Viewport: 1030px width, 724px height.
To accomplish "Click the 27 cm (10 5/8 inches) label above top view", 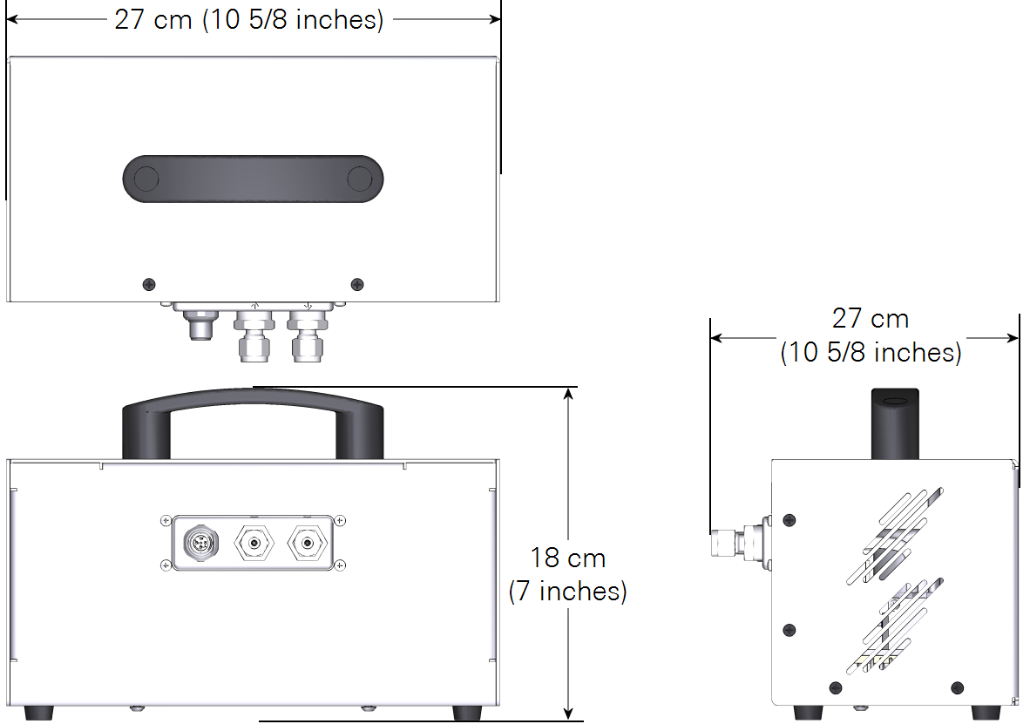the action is click(249, 19).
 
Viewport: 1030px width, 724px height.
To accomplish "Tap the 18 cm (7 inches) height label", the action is click(568, 574).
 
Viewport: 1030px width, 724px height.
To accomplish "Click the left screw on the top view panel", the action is click(149, 285).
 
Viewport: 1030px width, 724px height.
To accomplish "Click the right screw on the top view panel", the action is click(357, 285).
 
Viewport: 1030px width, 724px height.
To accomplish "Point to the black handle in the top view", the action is click(253, 179).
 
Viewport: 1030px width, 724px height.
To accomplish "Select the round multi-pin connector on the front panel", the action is click(200, 544).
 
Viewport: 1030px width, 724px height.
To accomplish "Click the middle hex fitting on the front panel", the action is click(254, 544).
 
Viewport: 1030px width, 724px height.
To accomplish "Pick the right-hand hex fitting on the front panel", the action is click(307, 544).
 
